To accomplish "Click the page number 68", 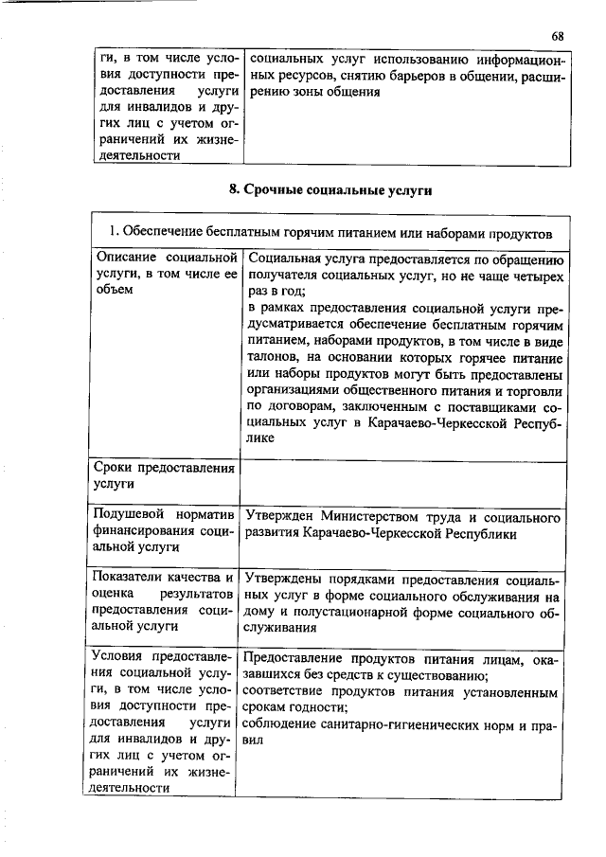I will [557, 36].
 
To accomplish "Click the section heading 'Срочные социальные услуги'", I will [330, 189].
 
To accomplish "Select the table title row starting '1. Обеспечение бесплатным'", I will [330, 232].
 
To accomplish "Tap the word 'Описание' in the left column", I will [127, 258].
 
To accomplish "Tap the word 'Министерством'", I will [375, 518].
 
